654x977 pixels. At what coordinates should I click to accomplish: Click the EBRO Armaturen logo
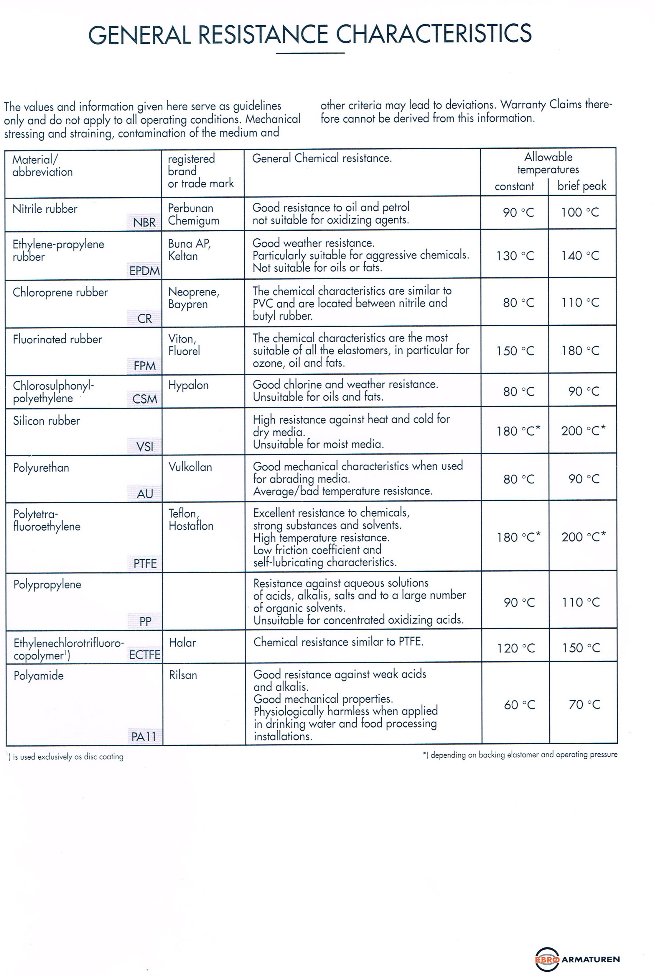(577, 959)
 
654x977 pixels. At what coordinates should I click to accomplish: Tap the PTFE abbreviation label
(145, 563)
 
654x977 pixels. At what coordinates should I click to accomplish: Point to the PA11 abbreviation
(144, 737)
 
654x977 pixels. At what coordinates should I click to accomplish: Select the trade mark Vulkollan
(190, 467)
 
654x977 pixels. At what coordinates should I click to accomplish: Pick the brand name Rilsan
(183, 675)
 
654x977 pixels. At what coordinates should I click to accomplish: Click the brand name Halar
(182, 642)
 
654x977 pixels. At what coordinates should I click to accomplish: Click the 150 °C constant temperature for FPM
(515, 350)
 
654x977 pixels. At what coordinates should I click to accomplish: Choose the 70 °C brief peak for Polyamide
(584, 704)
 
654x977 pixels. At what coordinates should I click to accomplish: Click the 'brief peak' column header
(581, 186)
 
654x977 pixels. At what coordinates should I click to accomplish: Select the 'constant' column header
(514, 186)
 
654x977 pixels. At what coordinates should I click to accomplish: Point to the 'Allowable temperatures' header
(548, 163)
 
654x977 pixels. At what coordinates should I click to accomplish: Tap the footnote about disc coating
(65, 757)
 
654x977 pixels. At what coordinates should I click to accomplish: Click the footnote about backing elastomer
(520, 755)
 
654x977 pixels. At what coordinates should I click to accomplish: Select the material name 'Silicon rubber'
(46, 421)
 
